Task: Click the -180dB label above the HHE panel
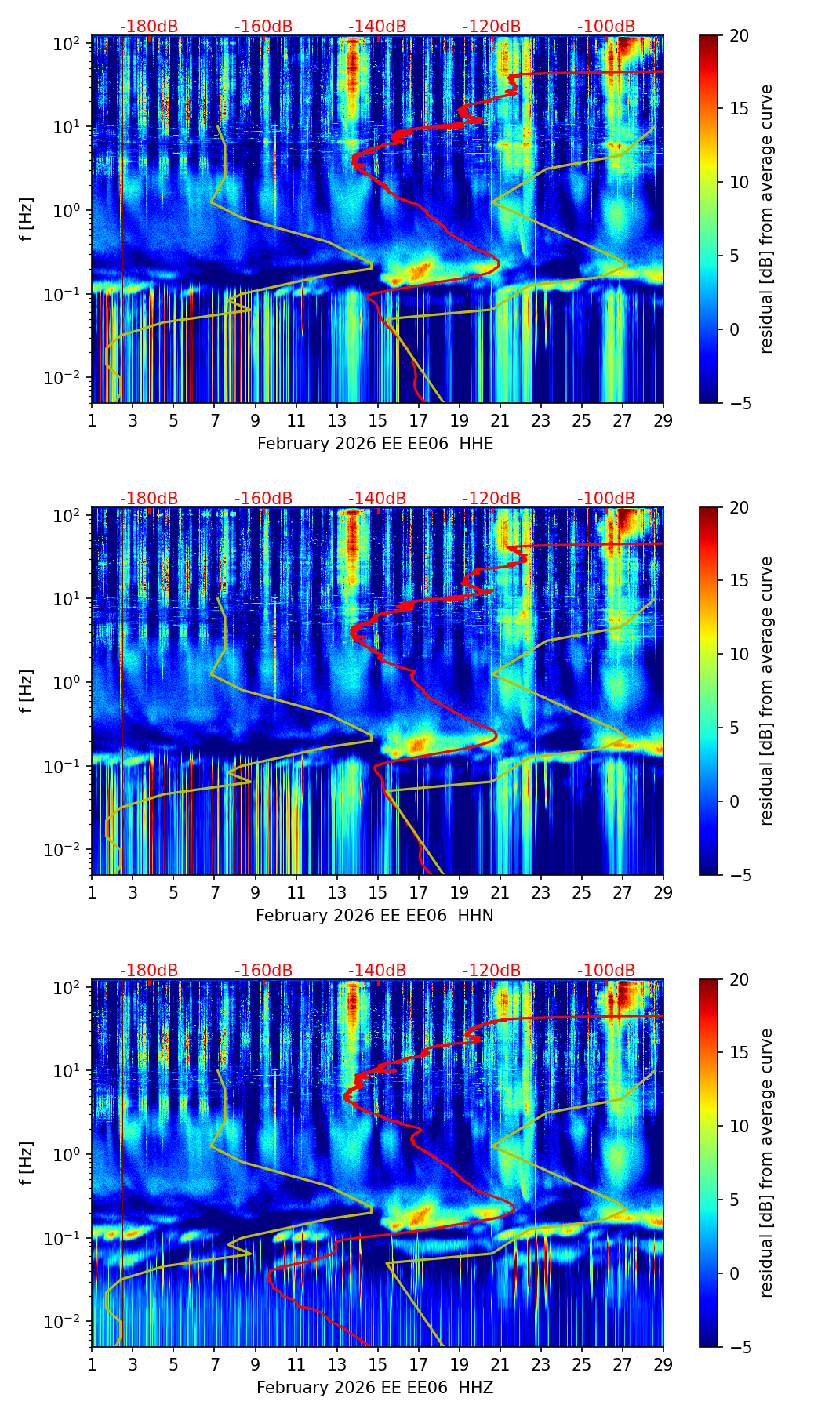point(149,27)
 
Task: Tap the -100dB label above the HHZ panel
point(606,971)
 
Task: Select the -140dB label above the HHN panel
point(377,499)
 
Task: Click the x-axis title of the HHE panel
point(375,444)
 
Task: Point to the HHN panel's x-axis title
point(375,916)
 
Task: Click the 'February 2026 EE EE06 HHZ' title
point(375,1388)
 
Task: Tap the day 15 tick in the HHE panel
point(378,420)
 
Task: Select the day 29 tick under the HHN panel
point(663,892)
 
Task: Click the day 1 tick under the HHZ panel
point(93,1364)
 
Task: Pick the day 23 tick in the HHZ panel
point(541,1364)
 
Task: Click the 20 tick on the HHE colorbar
point(740,35)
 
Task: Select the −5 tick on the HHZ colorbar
point(738,1347)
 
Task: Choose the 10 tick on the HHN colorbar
point(740,654)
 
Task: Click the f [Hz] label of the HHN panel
point(27,691)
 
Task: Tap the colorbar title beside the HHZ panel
point(766,1163)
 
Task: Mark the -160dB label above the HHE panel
point(263,27)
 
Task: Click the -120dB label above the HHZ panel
point(492,971)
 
